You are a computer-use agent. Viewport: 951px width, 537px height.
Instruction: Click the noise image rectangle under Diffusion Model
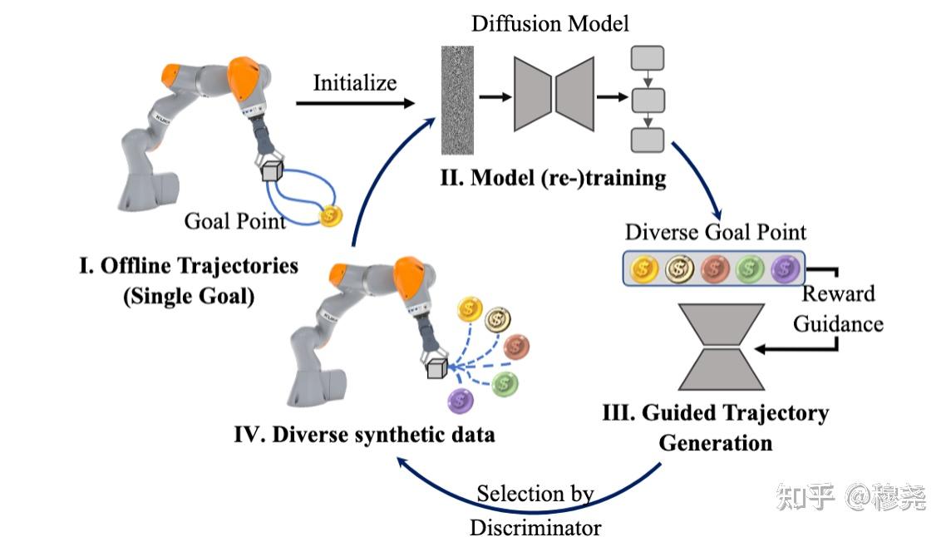[457, 101]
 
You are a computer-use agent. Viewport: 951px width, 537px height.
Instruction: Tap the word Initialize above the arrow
[355, 82]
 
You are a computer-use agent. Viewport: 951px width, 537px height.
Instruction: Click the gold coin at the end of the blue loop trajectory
[331, 216]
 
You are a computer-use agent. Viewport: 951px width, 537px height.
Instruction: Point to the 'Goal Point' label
[234, 221]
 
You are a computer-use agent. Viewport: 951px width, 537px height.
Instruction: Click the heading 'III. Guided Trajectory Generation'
[716, 427]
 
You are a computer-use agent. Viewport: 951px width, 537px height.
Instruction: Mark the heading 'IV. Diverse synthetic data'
[365, 434]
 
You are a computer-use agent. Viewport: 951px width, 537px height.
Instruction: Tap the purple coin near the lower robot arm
[460, 401]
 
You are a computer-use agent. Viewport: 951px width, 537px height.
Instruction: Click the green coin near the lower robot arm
[505, 383]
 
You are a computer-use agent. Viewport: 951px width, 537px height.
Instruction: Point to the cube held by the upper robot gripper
[272, 170]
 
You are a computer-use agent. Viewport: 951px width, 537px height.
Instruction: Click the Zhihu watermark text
[851, 497]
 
